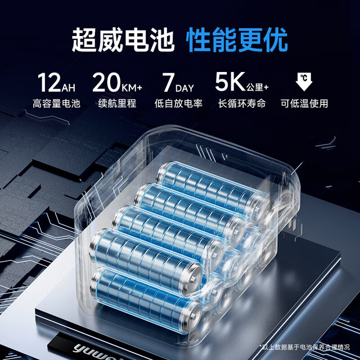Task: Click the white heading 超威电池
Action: pyautogui.click(x=123, y=40)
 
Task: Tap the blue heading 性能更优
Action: pyautogui.click(x=237, y=40)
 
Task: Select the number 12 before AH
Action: pyautogui.click(x=49, y=82)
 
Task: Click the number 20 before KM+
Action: pyautogui.click(x=106, y=82)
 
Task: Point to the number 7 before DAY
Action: pyautogui.click(x=168, y=82)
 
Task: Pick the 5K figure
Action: pyautogui.click(x=230, y=82)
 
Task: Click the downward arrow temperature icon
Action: pyautogui.click(x=304, y=82)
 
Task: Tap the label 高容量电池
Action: pyautogui.click(x=56, y=103)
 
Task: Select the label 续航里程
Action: pyautogui.click(x=118, y=103)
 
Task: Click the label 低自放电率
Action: pyautogui.click(x=178, y=103)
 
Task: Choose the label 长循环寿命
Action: pyautogui.click(x=242, y=103)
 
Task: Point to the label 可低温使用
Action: pyautogui.click(x=304, y=103)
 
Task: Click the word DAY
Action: pyautogui.click(x=184, y=88)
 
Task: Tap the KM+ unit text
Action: pyautogui.click(x=132, y=88)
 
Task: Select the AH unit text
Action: pyautogui.click(x=68, y=88)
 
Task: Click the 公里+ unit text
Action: pyautogui.click(x=258, y=87)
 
